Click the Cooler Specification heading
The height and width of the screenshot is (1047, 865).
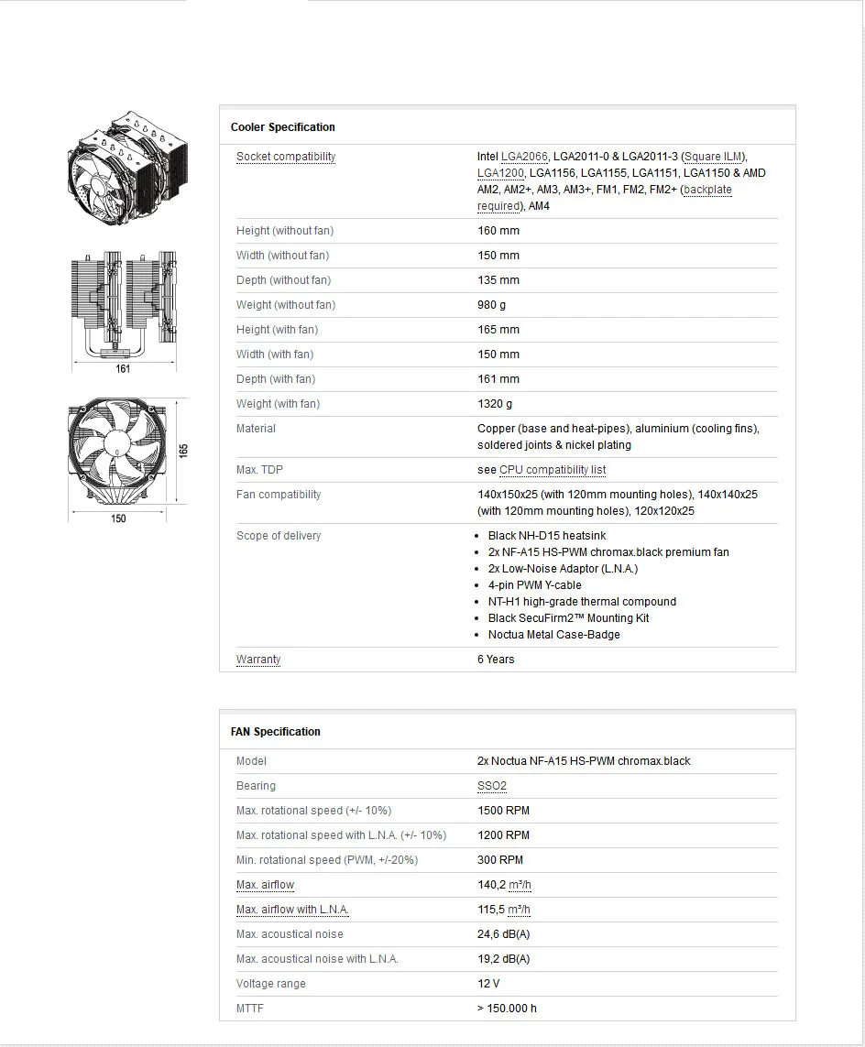[x=282, y=127]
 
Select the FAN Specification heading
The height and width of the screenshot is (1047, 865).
[x=275, y=732]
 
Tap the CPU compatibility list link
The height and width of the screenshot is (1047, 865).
[x=553, y=470]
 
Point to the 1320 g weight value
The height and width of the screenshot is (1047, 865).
[x=495, y=404]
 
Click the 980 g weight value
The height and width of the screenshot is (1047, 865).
[x=491, y=305]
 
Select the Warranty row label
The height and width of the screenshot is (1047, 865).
[x=258, y=660]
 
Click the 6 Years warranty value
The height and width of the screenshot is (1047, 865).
[x=496, y=660]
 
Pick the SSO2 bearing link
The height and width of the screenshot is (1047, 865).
[x=492, y=786]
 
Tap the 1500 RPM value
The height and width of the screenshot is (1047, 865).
[x=503, y=811]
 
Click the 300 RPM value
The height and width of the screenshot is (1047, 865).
[x=500, y=860]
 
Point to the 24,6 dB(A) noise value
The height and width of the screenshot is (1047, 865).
[x=503, y=934]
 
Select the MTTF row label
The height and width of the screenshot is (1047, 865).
[x=250, y=1009]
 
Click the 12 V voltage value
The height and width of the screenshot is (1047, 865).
[x=488, y=984]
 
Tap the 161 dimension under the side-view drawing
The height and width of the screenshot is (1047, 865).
[x=123, y=369]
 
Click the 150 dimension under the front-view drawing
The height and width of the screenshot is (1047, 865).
[x=118, y=518]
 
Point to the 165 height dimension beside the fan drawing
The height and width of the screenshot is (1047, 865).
[x=183, y=451]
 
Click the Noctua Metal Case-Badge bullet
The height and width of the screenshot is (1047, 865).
[x=553, y=635]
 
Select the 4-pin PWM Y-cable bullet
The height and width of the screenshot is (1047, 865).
[x=534, y=585]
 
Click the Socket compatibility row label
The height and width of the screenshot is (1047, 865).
[x=286, y=157]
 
